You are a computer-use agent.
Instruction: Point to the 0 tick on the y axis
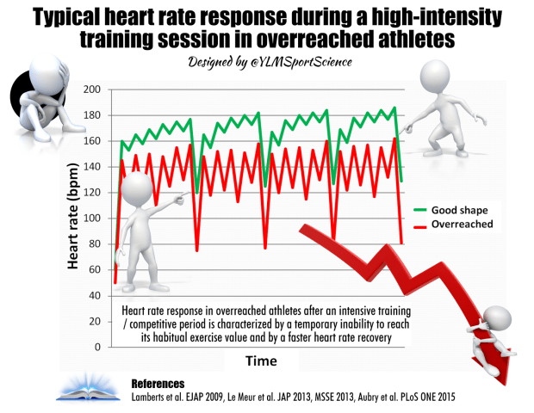click(96, 347)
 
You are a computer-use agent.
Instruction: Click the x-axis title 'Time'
click(263, 361)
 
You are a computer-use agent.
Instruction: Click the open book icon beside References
click(87, 388)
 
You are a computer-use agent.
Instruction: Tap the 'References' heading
click(158, 381)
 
